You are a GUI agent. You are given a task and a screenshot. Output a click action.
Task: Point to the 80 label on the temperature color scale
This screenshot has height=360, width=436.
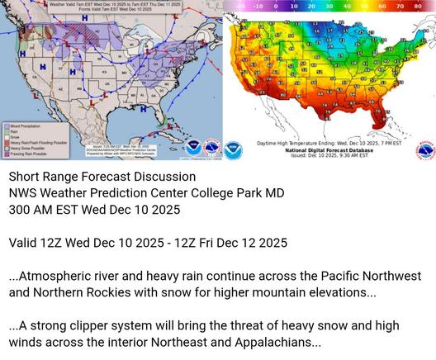419,5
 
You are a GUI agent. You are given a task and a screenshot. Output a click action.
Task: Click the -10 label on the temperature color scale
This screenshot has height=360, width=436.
258,5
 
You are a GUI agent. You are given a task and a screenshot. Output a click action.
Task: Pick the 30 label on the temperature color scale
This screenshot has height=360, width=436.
329,5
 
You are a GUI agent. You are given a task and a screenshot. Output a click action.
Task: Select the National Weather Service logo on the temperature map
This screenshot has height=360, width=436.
424,150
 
